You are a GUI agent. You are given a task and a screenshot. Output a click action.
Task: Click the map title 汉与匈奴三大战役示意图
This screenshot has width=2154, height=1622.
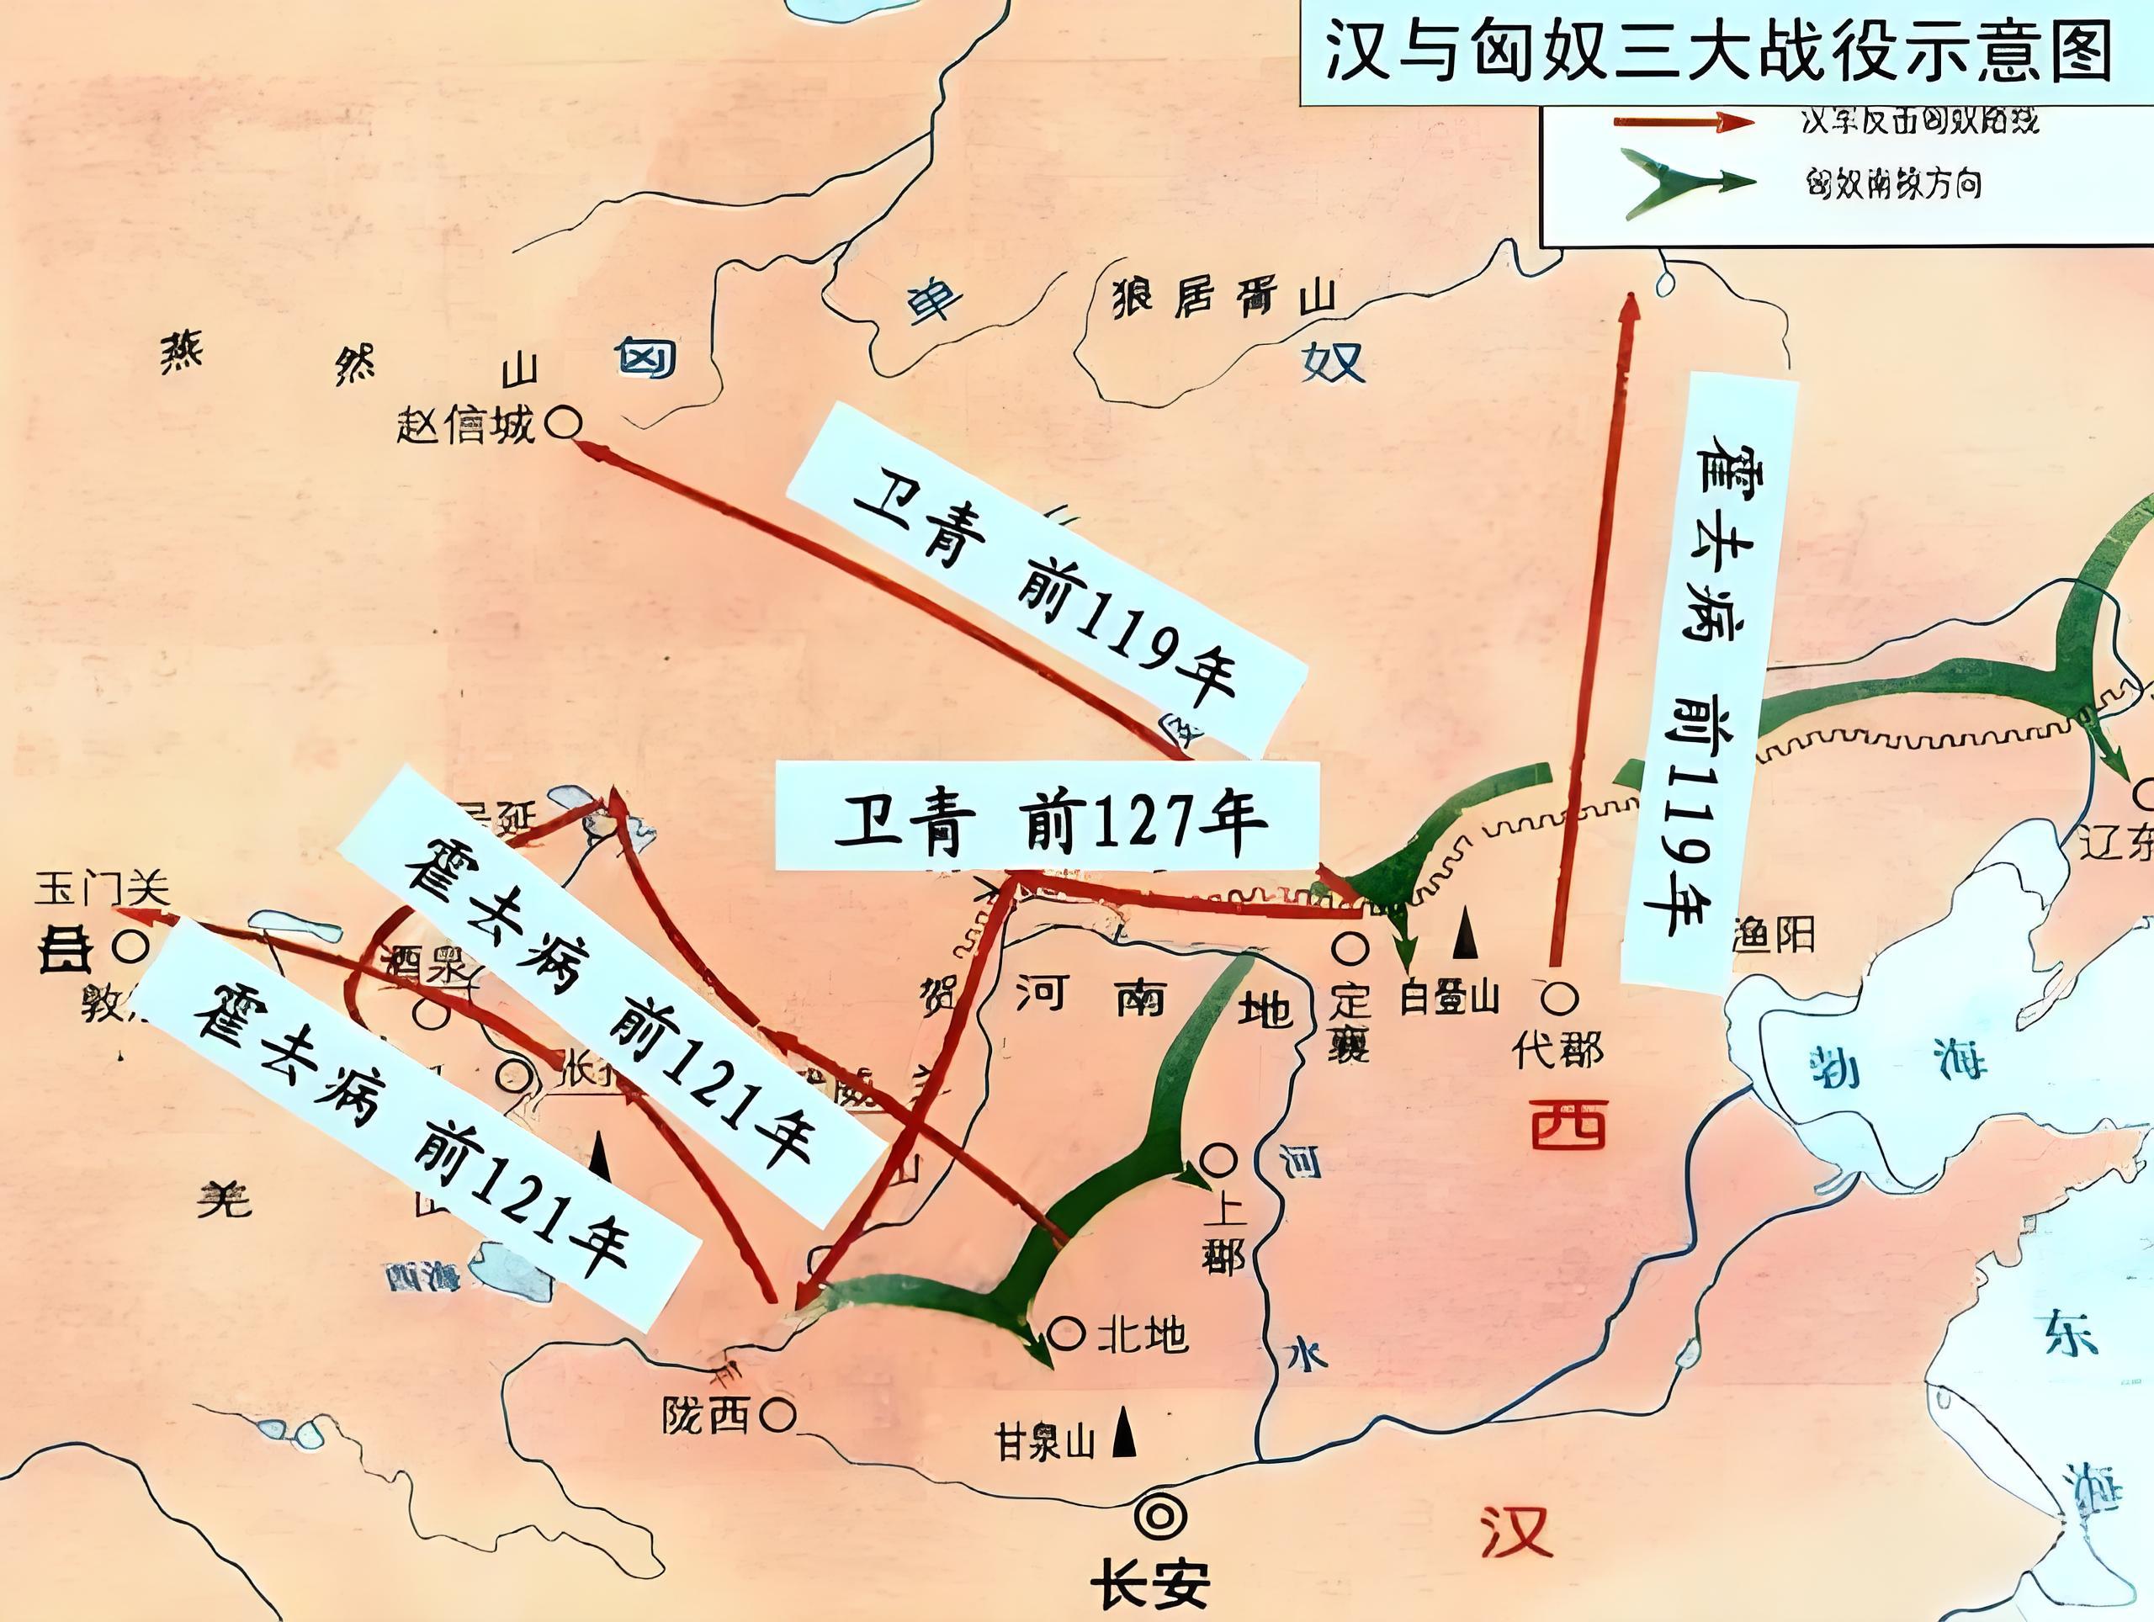pyautogui.click(x=1719, y=50)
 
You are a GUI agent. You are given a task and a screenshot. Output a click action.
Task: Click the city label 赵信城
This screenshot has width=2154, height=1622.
pyautogui.click(x=465, y=426)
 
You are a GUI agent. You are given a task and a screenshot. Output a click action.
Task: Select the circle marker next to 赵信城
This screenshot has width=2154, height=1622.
pyautogui.click(x=564, y=423)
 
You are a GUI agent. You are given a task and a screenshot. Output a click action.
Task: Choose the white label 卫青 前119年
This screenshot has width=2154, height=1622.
pyautogui.click(x=1044, y=582)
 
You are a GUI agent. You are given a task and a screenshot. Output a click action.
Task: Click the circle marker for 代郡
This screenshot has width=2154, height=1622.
pyautogui.click(x=1559, y=996)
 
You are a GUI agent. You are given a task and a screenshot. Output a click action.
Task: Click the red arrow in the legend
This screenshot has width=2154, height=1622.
pyautogui.click(x=1683, y=122)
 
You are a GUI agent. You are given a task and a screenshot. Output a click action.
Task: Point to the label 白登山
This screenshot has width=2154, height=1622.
pyautogui.click(x=1449, y=997)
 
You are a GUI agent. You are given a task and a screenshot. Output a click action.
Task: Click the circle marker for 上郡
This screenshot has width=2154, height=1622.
pyautogui.click(x=1218, y=1159)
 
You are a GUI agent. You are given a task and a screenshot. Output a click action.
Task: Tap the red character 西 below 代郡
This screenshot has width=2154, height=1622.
pyautogui.click(x=1568, y=1125)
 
